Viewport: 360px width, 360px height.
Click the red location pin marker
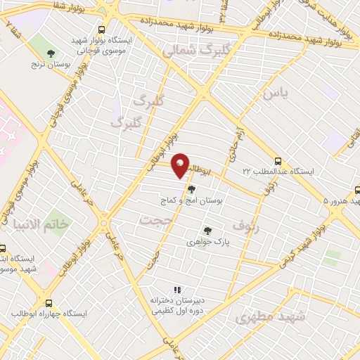pos(181,165)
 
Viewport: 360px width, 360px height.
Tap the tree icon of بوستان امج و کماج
pos(191,188)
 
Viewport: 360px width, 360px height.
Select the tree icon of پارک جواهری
pos(207,230)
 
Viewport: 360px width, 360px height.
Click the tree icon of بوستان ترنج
pos(50,53)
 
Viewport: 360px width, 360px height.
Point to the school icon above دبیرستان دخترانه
pos(177,289)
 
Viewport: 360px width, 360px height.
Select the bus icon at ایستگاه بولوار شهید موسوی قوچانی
pos(103,30)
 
